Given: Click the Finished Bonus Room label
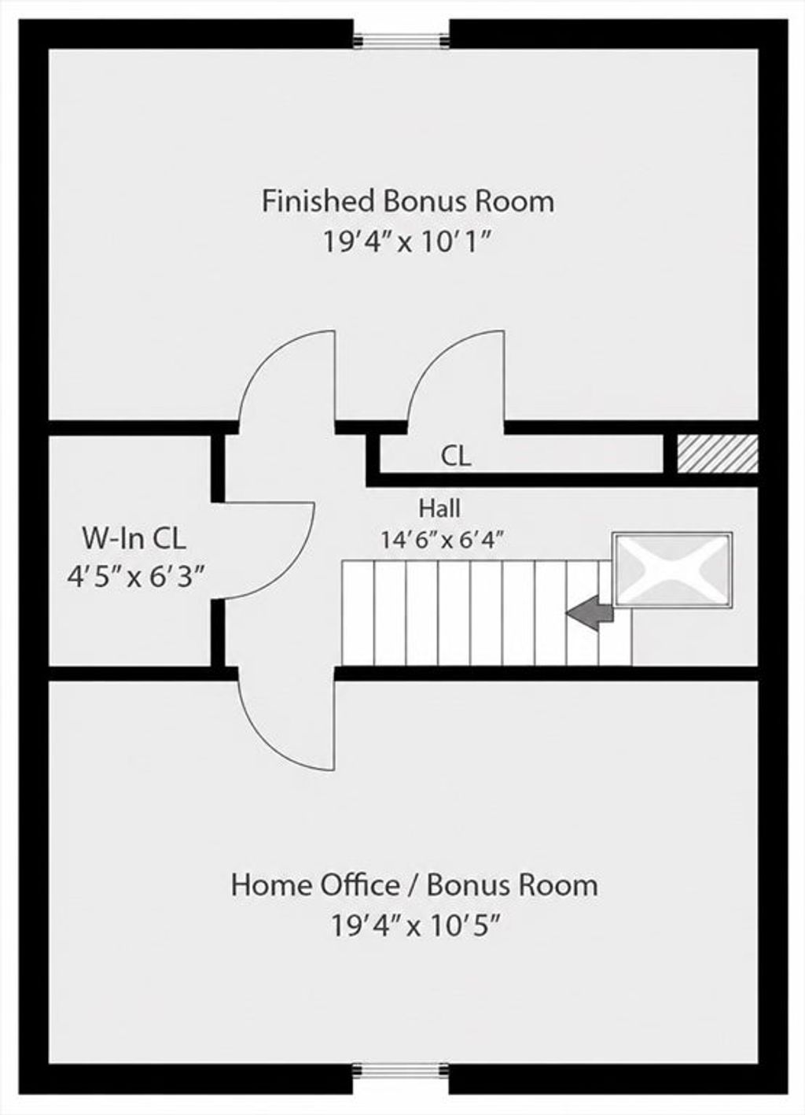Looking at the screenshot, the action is point(408,201).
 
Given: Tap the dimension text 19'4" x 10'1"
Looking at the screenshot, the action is point(408,243).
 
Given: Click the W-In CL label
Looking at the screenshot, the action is point(134,538).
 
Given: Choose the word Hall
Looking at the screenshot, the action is point(439,508).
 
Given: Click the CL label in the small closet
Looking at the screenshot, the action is point(456,456).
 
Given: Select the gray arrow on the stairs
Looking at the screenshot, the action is point(590,618).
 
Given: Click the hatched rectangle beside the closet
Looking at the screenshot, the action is point(718,454).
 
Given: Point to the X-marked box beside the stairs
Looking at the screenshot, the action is point(673,570).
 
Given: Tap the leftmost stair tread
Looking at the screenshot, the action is point(358,613).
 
